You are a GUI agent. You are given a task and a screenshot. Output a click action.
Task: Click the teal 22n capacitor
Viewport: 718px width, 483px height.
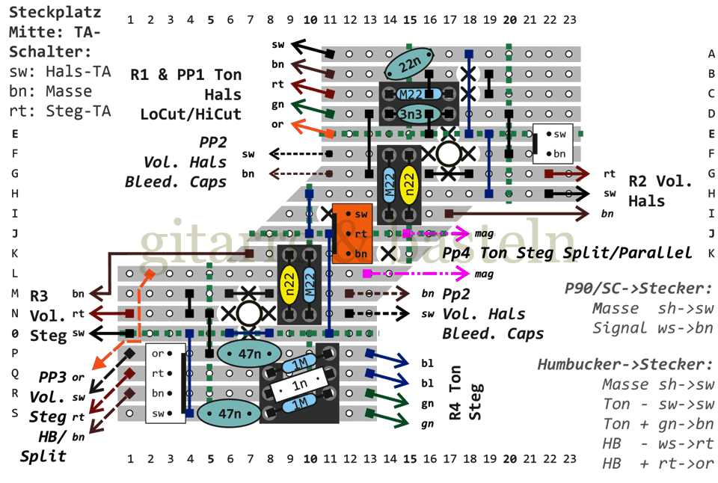(x=410, y=64)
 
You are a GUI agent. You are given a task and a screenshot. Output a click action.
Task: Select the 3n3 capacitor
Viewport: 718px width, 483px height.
(x=410, y=114)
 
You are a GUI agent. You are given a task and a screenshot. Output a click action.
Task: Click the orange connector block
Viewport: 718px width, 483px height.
(x=352, y=233)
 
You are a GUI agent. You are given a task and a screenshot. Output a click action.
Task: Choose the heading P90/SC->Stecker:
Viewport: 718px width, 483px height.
(x=635, y=289)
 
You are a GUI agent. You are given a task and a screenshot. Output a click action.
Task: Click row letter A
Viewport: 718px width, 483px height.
(x=711, y=54)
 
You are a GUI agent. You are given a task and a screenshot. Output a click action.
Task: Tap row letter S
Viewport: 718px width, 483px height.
(x=15, y=412)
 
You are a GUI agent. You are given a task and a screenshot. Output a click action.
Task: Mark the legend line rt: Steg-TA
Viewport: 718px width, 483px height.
(x=60, y=111)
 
